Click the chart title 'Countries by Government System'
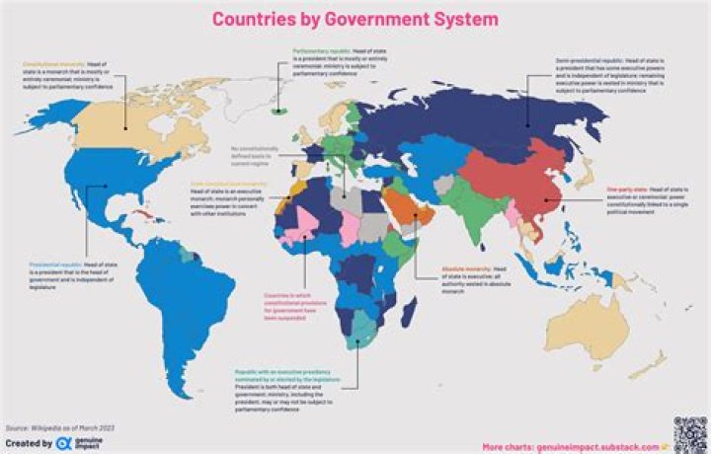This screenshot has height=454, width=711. tap(356, 19)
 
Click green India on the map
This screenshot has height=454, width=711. tap(474, 213)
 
